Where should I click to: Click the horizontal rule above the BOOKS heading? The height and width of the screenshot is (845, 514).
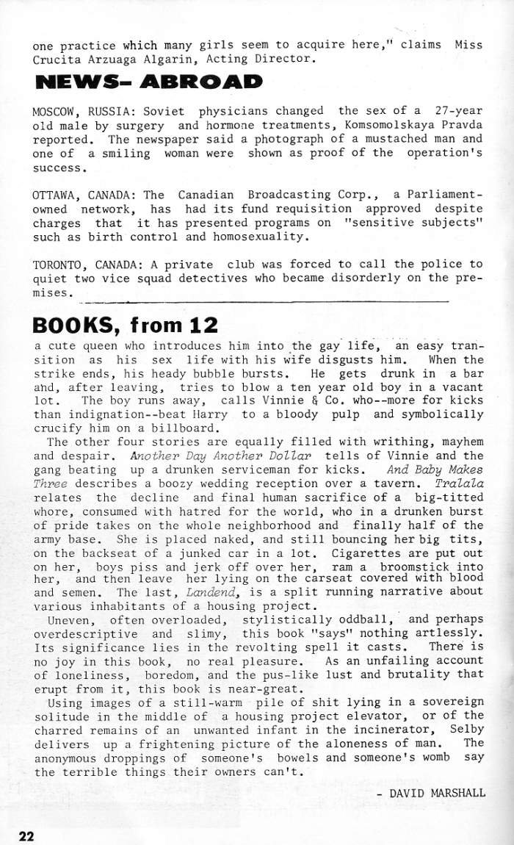[264, 301]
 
